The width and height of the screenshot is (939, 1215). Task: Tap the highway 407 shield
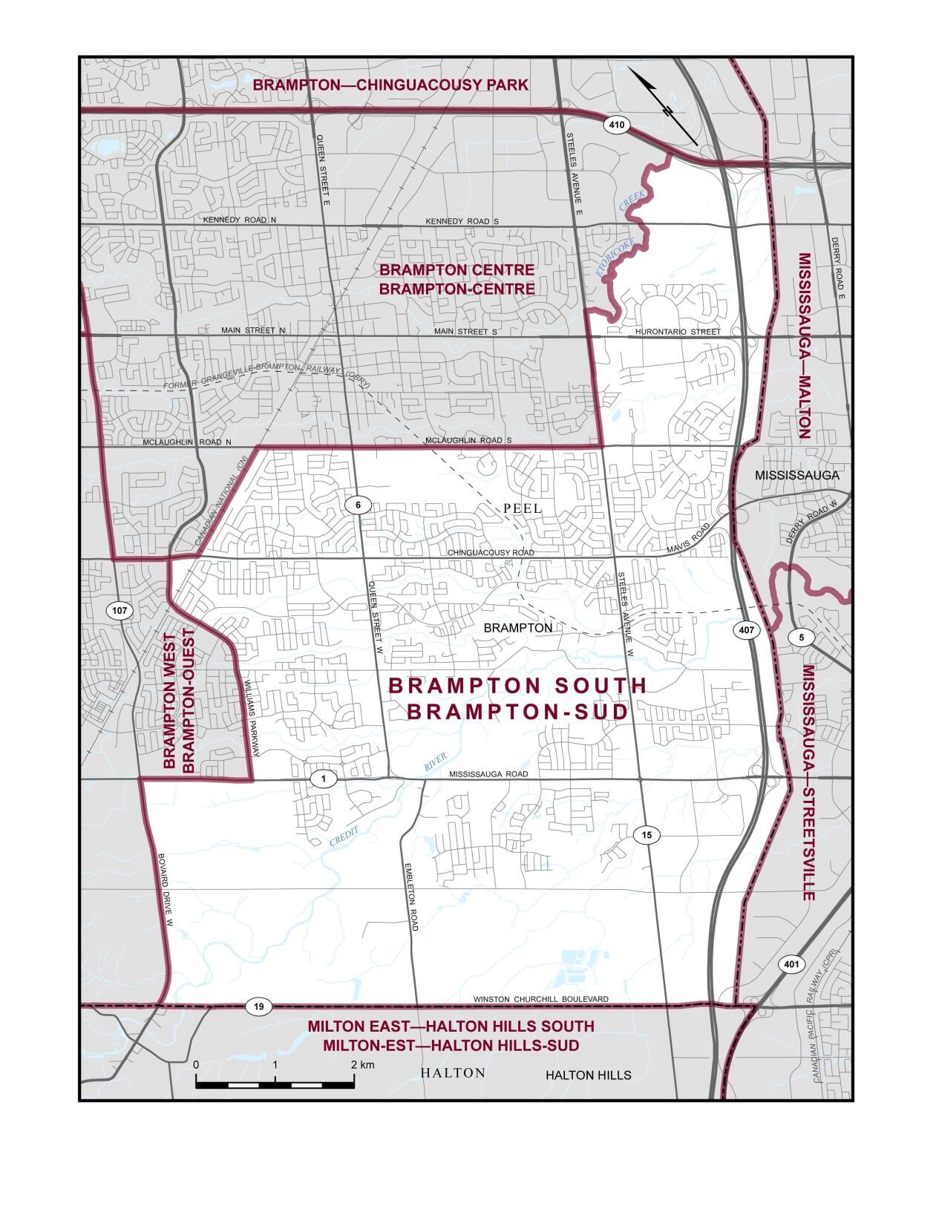click(x=747, y=630)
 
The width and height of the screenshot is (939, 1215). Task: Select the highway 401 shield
click(x=791, y=964)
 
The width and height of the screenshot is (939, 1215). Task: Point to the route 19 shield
click(x=258, y=1007)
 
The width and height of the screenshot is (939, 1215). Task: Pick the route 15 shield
click(x=647, y=835)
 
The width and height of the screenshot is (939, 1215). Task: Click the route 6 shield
click(x=358, y=505)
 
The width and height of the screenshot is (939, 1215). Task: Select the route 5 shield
click(x=802, y=637)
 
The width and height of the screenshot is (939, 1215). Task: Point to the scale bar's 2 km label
click(x=363, y=1064)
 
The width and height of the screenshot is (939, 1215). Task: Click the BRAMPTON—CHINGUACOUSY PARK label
click(x=390, y=85)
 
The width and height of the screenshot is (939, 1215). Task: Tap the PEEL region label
click(x=523, y=509)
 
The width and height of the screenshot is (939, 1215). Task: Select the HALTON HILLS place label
click(x=588, y=1075)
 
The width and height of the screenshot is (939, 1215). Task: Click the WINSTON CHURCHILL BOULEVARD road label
click(x=540, y=999)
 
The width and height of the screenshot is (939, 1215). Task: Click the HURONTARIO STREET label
click(x=678, y=332)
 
